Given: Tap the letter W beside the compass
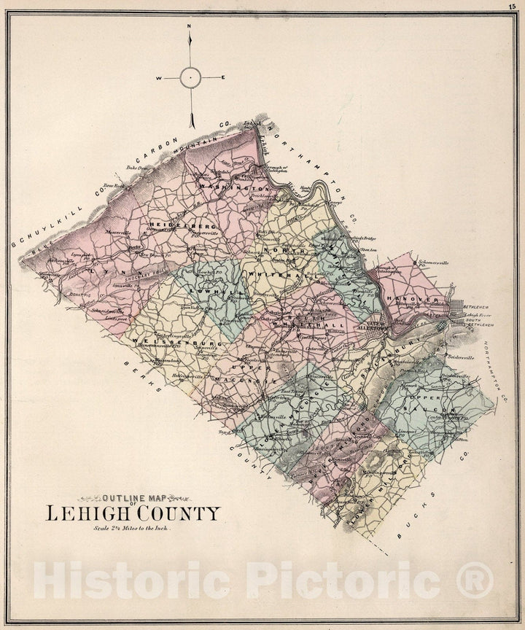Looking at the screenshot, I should [159, 77].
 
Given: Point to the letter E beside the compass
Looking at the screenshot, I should [223, 77].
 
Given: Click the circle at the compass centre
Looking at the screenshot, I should [190, 77].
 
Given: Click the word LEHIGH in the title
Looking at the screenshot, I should [92, 513].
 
